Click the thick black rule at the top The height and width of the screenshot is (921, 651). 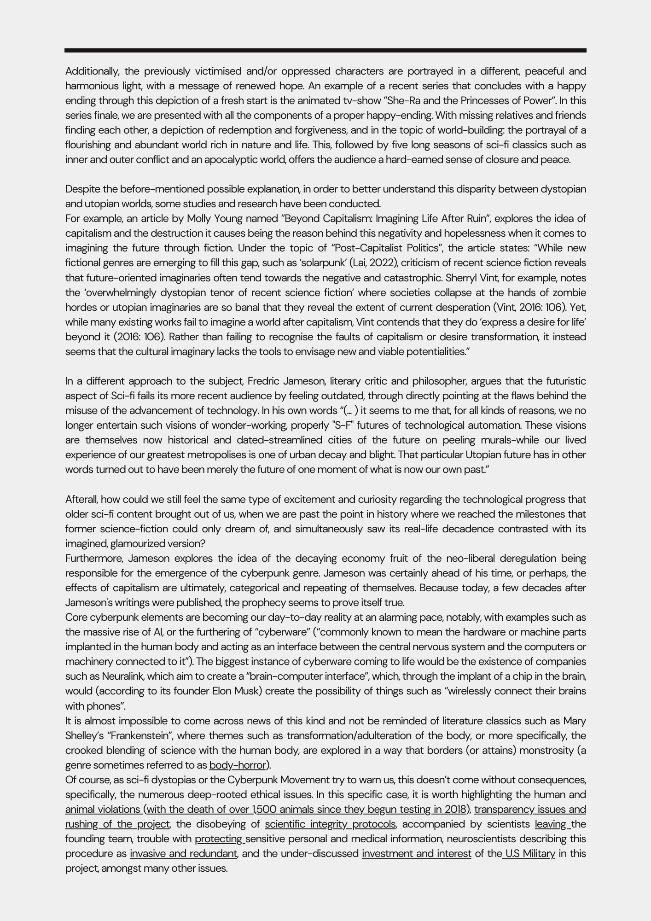[x=325, y=50]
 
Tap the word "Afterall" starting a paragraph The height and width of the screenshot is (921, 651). [x=81, y=500]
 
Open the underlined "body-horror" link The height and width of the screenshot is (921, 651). [x=238, y=765]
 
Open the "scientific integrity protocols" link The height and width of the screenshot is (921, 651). [x=330, y=824]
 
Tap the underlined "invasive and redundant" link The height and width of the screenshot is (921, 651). [x=183, y=853]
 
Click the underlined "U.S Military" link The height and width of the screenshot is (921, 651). [x=529, y=853]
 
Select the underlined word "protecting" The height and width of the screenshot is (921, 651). [x=219, y=839]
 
